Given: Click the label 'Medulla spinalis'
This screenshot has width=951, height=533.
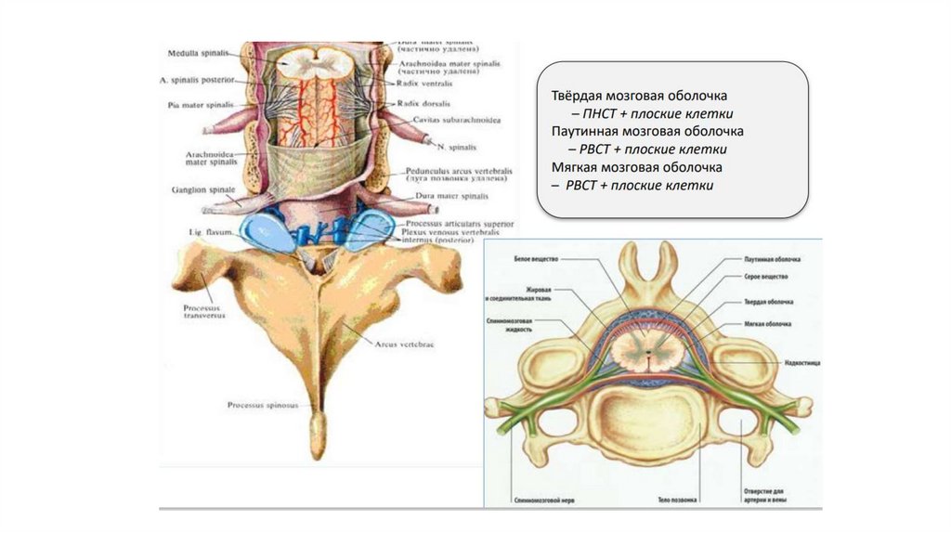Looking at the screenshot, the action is tap(196, 54).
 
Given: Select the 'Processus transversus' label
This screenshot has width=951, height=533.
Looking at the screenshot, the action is tap(199, 311).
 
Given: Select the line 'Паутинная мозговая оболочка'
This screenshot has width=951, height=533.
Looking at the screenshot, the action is tap(641, 132).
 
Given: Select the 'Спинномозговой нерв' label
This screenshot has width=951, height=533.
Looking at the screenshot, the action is tap(541, 500).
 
